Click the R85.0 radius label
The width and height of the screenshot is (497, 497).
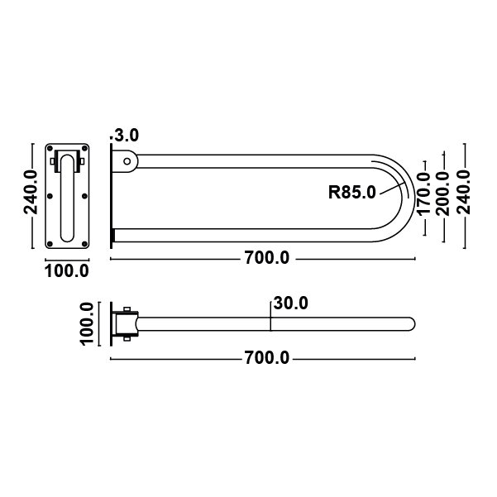tap(352, 193)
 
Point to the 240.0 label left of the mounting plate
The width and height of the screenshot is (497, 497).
tap(31, 192)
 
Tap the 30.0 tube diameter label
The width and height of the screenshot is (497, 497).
tap(290, 303)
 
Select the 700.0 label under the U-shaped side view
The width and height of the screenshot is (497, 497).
tap(266, 258)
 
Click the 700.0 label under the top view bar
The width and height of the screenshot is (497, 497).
tap(266, 358)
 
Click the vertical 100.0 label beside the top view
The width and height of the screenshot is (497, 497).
tap(88, 324)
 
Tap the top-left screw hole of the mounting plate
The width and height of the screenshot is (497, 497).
tap(51, 151)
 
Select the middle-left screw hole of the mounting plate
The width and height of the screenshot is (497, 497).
tap(51, 196)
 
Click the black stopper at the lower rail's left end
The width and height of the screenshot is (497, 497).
tap(113, 237)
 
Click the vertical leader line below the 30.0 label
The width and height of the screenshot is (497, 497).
tap(270, 316)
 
